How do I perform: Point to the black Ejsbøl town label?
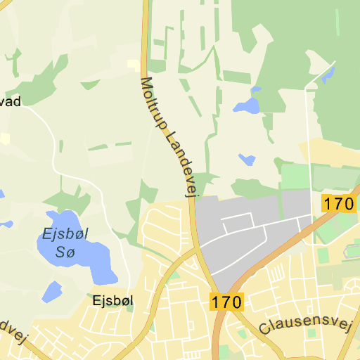[x=112, y=300]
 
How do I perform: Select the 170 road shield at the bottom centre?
[x=226, y=303]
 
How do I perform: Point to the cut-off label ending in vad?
[x=10, y=102]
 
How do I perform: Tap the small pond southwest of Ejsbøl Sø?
[x=52, y=291]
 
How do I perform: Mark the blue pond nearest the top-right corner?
[x=328, y=75]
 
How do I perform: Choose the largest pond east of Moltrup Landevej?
[x=247, y=105]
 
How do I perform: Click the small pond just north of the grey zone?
[x=247, y=160]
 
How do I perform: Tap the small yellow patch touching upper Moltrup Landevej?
[x=133, y=65]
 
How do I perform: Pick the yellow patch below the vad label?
[x=5, y=138]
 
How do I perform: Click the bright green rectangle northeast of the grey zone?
[x=295, y=176]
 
